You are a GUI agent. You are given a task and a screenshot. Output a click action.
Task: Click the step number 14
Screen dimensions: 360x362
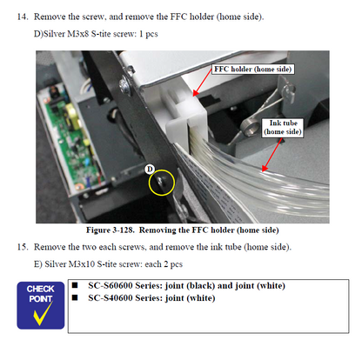point(23,17)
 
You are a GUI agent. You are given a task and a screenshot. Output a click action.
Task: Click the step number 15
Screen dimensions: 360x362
point(23,247)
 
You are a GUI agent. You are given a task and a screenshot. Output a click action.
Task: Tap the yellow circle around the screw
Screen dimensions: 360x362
point(162,182)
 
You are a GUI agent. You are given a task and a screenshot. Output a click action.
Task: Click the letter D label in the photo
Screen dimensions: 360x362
point(150,167)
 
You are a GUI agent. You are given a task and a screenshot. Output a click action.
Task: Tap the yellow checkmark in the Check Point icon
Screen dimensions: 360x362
point(41,315)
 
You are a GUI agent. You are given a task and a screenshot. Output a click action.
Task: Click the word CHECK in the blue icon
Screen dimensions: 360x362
point(41,288)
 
